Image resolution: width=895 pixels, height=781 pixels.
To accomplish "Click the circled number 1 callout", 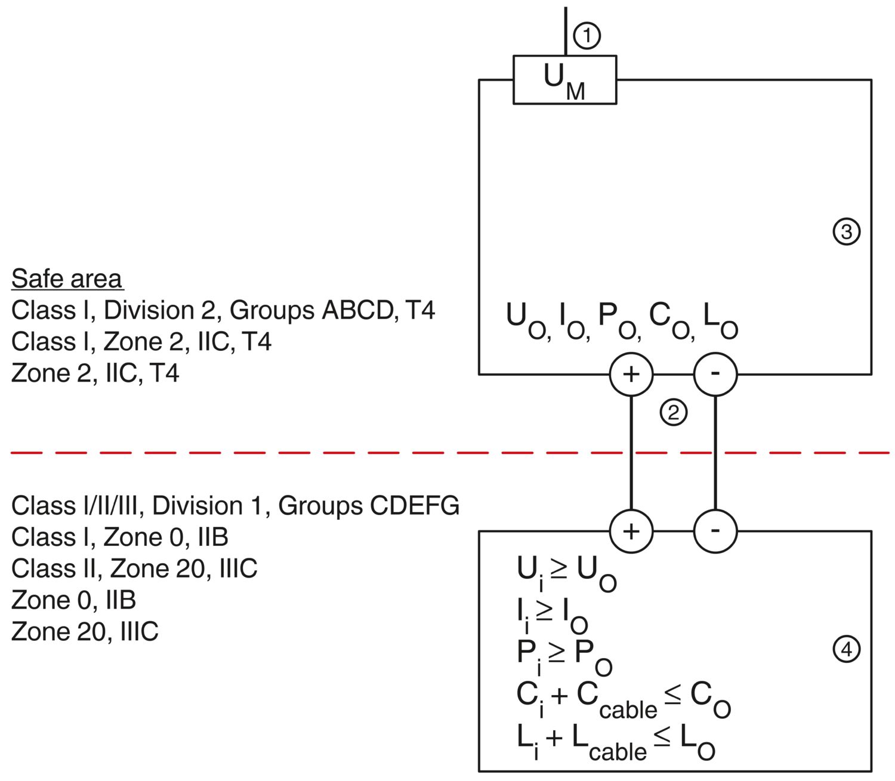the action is click(587, 36).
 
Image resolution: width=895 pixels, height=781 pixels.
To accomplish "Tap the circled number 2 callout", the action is click(673, 412).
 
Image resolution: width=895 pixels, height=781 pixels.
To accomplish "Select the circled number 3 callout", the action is click(846, 231).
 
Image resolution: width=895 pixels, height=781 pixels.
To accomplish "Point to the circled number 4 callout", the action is click(846, 649).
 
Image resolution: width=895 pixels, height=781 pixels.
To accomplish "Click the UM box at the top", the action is click(564, 79).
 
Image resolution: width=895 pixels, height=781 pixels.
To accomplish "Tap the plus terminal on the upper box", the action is click(631, 374).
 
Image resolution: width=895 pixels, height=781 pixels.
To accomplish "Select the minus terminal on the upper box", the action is click(715, 374).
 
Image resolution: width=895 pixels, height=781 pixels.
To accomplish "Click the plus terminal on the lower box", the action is click(631, 531).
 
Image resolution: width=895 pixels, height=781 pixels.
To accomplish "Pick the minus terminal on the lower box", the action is click(715, 531).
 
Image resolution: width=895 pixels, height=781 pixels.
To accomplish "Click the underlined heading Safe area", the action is click(67, 279).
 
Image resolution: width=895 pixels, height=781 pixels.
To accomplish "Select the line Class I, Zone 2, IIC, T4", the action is click(141, 342).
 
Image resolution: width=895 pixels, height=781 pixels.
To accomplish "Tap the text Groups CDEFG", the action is click(369, 506).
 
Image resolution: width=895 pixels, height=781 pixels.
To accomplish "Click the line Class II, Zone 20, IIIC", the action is click(134, 569).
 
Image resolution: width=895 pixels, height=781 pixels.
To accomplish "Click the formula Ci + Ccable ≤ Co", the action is click(624, 699).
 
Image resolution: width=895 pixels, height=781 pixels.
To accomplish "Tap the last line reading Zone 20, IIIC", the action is click(85, 631).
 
